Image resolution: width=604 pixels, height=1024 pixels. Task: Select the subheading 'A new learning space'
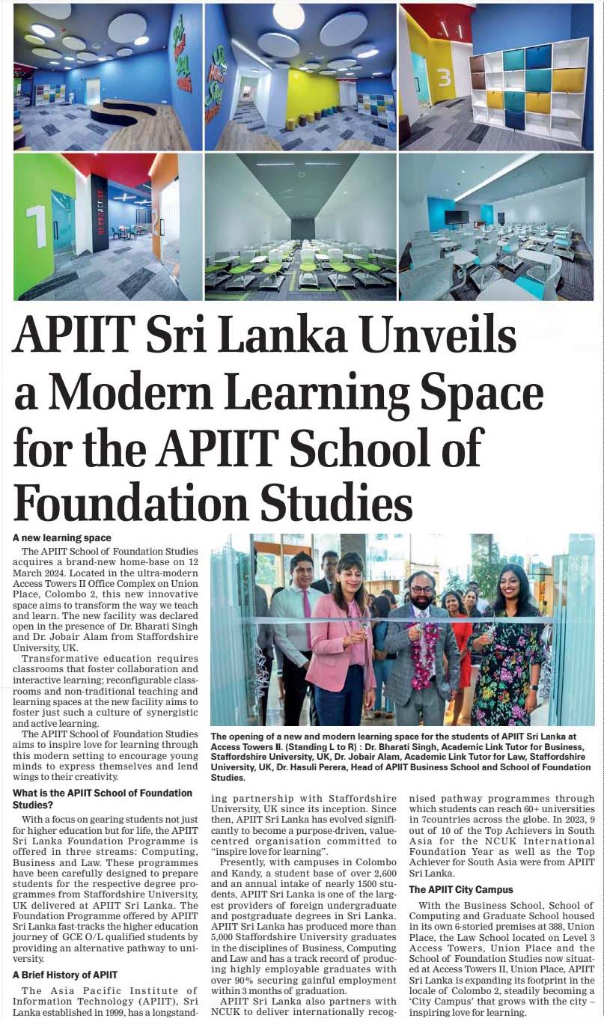coord(62,537)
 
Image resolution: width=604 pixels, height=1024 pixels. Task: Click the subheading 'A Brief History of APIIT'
coord(65,975)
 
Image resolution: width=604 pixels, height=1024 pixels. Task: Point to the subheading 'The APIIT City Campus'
coord(461,889)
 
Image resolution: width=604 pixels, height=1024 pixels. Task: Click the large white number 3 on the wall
coord(442,78)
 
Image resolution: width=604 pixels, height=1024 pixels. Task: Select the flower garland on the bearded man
coord(425,651)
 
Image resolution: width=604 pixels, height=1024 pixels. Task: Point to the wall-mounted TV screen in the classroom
coord(457,218)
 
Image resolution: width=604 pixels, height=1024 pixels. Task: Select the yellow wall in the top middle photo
coord(311,98)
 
